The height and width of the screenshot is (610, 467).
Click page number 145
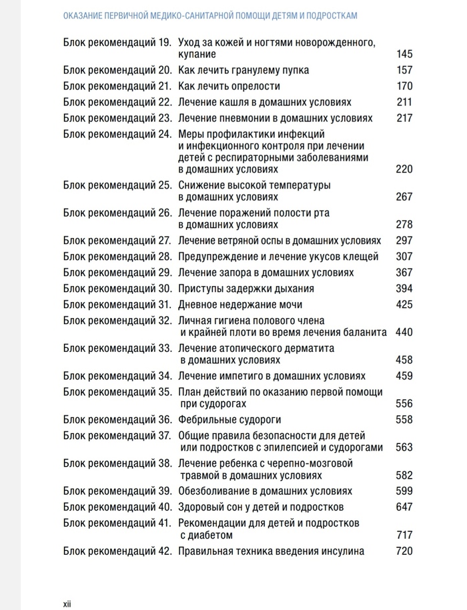pyautogui.click(x=404, y=54)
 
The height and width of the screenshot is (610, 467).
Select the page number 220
pyautogui.click(x=404, y=169)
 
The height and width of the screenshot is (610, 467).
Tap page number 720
pyautogui.click(x=404, y=551)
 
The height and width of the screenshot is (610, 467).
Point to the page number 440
pyautogui.click(x=404, y=332)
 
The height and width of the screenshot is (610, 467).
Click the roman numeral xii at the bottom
pyautogui.click(x=67, y=604)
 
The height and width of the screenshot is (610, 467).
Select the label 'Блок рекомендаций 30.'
pyautogui.click(x=118, y=289)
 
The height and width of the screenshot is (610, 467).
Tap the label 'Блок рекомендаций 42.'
pyautogui.click(x=118, y=551)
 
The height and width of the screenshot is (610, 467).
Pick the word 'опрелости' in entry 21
pyautogui.click(x=257, y=86)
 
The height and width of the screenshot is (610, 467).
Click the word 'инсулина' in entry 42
pyautogui.click(x=343, y=551)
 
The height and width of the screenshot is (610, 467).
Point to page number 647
pyautogui.click(x=404, y=507)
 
